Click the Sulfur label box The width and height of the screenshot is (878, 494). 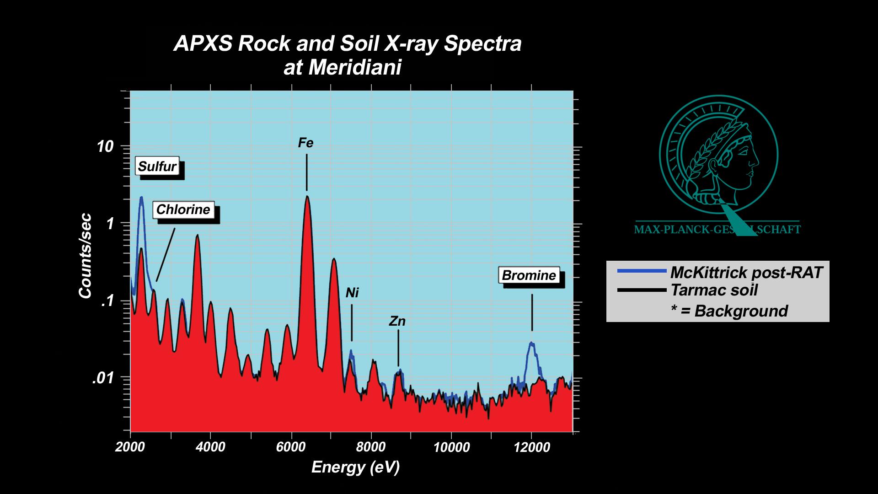click(x=157, y=166)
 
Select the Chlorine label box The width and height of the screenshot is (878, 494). click(x=183, y=209)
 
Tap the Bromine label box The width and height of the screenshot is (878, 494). click(x=529, y=275)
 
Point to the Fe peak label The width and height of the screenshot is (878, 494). click(x=305, y=143)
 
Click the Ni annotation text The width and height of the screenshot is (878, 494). click(x=352, y=293)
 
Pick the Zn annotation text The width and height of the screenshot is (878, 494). click(x=397, y=322)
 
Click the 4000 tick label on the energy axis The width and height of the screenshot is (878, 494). click(x=210, y=447)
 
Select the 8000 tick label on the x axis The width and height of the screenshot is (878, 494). click(x=370, y=447)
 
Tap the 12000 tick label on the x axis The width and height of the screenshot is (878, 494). click(x=532, y=447)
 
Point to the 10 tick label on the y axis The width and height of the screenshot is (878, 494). click(x=105, y=147)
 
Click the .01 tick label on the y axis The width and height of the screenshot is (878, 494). click(x=103, y=378)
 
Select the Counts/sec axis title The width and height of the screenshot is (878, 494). click(x=86, y=256)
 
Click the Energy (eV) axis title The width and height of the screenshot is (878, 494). click(x=355, y=467)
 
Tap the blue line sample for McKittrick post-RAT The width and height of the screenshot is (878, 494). click(x=642, y=271)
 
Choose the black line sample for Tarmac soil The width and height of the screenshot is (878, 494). click(x=642, y=290)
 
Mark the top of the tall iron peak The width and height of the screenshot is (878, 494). click(x=307, y=197)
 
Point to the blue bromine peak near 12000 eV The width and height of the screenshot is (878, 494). click(x=531, y=343)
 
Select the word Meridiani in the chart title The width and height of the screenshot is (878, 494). click(x=355, y=68)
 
